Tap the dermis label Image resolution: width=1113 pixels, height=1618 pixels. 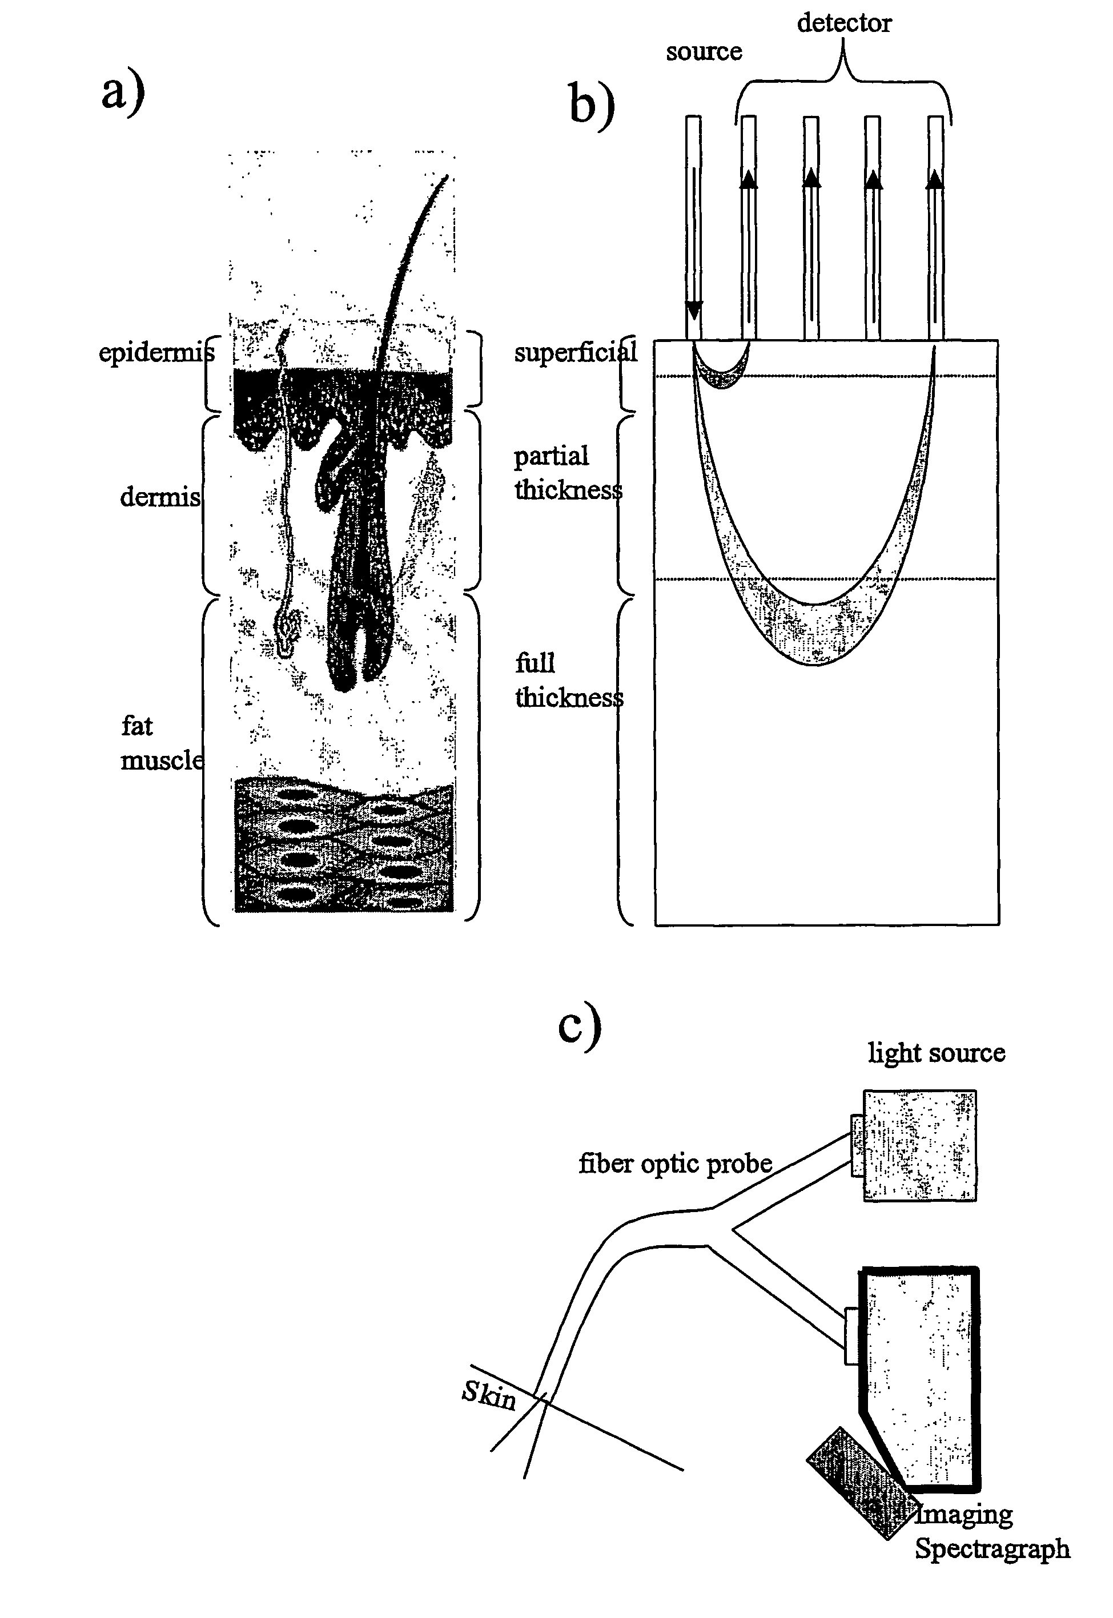[160, 497]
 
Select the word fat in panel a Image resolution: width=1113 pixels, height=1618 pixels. [136, 726]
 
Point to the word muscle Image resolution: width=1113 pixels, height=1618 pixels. [162, 760]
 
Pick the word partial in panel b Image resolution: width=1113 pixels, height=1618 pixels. [551, 457]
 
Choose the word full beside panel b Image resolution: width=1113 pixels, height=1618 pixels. [535, 663]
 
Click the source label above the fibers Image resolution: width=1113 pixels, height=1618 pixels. [704, 51]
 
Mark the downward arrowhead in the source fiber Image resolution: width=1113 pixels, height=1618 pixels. [694, 309]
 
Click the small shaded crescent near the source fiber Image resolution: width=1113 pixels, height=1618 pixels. [722, 376]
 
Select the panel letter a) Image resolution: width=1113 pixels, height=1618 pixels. [123, 92]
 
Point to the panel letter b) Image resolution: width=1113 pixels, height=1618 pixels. [592, 104]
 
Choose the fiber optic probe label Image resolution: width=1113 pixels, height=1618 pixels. [675, 1164]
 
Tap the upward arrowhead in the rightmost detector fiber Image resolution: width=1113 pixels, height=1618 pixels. [935, 180]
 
